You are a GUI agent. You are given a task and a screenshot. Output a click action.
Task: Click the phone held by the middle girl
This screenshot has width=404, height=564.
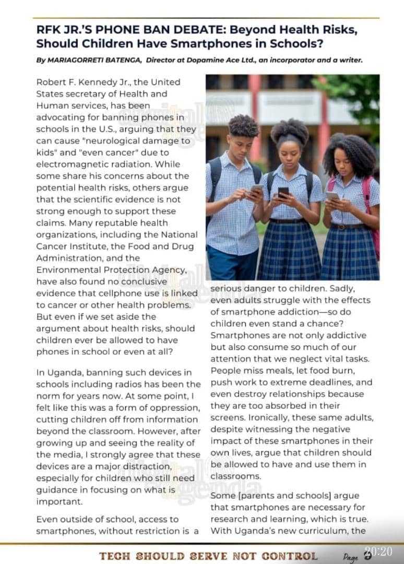click(x=283, y=192)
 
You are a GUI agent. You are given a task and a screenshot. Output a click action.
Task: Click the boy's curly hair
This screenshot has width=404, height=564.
click(x=244, y=125)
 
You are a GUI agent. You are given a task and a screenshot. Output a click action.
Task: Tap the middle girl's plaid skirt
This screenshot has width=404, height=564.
click(x=290, y=251)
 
